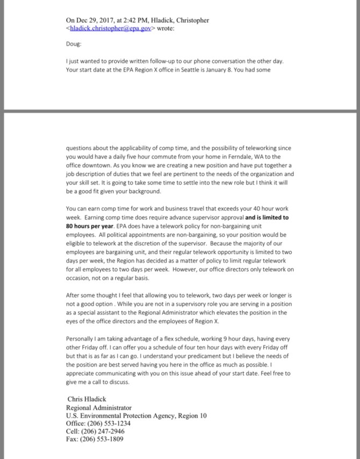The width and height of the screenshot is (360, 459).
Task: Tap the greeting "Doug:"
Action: click(x=74, y=46)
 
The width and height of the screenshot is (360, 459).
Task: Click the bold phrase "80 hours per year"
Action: click(x=89, y=226)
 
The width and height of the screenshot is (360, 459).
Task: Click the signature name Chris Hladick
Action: click(x=86, y=399)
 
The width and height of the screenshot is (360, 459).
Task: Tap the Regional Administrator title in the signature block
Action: click(x=98, y=407)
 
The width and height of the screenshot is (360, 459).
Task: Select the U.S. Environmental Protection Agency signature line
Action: click(x=136, y=416)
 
